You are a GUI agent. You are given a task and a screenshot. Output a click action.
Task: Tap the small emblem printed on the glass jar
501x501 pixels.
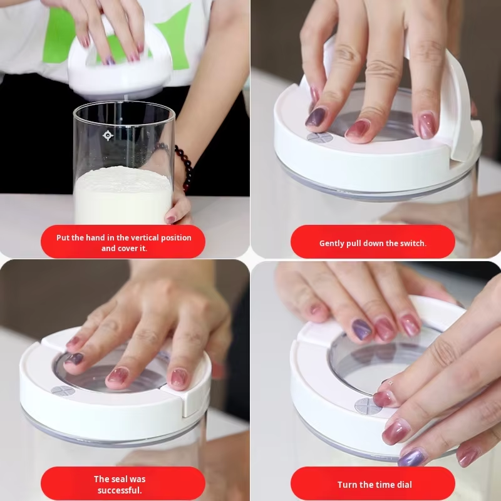pos(108,135)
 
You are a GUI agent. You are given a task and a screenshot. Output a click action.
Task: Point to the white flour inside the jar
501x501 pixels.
pos(123,194)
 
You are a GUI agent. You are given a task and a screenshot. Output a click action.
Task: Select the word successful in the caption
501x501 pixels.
pos(120,490)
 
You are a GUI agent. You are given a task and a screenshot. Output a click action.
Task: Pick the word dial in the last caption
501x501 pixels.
pos(403,484)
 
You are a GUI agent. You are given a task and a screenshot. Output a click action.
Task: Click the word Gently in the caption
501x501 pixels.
pos(331,243)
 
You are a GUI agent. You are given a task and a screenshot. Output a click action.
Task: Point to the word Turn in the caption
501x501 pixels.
pos(347,484)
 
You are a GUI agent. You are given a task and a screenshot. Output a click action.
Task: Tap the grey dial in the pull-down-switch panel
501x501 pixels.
pos(319,137)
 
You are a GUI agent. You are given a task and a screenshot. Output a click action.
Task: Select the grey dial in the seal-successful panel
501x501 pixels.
pos(63,391)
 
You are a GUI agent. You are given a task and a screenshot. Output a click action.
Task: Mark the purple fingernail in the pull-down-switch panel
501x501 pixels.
pos(315,116)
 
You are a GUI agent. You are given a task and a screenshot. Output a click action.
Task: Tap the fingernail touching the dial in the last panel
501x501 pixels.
pos(384,398)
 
